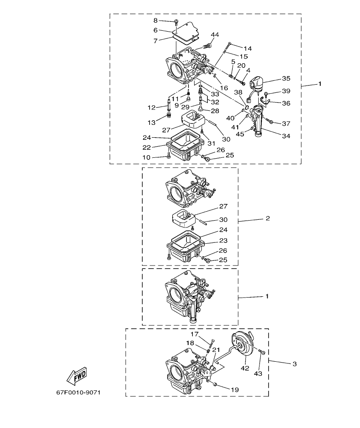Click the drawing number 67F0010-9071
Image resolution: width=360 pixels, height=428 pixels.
point(78,392)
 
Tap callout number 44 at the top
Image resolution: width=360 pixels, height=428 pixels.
point(215,34)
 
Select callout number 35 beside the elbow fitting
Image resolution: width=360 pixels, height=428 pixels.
point(286,79)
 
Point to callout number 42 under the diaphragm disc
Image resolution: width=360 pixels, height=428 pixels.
point(245,367)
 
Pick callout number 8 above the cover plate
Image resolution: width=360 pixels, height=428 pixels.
point(156,21)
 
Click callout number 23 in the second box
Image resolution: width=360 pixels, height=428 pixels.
point(224,241)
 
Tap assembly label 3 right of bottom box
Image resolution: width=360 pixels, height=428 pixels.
point(294,364)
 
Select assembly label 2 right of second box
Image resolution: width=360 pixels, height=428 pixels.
point(268,218)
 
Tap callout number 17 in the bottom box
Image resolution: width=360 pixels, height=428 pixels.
point(195,334)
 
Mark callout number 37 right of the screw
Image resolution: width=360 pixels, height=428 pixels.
point(286,124)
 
